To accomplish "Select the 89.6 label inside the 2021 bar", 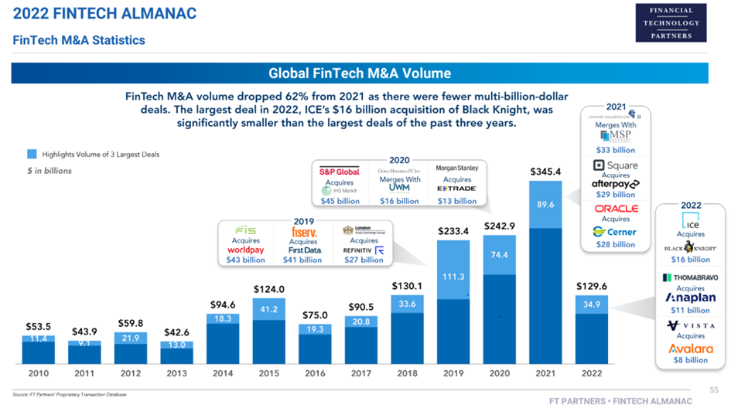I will [x=545, y=205].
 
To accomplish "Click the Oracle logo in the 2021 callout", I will [x=616, y=209].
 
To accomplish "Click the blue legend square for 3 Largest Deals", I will [x=32, y=154].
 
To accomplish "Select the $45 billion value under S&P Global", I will [x=340, y=201].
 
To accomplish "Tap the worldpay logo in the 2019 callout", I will [x=246, y=250].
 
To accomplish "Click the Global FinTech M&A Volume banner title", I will [x=359, y=73].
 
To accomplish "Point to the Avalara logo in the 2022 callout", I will [x=690, y=348].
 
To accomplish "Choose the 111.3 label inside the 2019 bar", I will [x=453, y=277].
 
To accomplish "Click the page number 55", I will [x=714, y=388].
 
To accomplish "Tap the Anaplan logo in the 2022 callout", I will [x=690, y=298].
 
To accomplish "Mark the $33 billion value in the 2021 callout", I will [x=616, y=150].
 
